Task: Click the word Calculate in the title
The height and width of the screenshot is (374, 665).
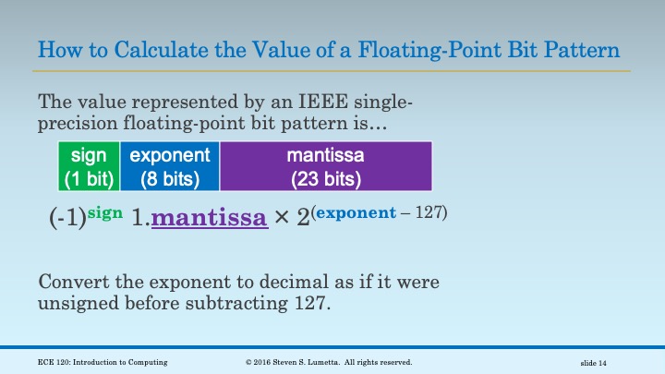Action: click(x=149, y=49)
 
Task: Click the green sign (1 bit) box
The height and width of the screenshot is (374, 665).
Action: click(x=89, y=166)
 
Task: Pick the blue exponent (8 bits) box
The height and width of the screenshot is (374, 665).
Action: click(x=170, y=166)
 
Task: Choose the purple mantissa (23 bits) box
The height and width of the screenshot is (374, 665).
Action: click(x=325, y=166)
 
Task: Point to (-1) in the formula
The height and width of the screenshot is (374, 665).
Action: click(x=66, y=220)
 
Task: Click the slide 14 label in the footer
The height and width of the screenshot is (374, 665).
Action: click(x=600, y=361)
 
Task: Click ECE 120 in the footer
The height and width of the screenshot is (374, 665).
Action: click(x=43, y=361)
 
